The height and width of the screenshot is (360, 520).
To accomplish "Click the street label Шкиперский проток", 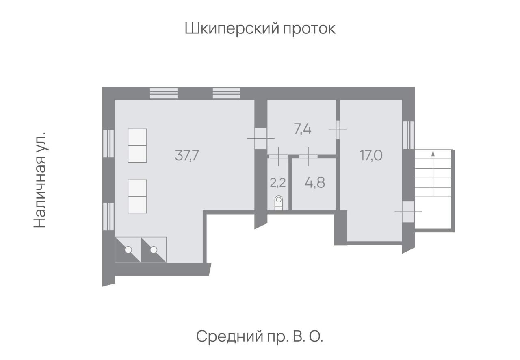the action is pos(260,29).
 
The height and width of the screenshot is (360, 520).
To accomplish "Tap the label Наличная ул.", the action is pos(39,180).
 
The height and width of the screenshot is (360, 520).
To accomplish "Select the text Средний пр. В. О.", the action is pos(260,337).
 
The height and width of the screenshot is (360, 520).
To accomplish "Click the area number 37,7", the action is pos(187,156).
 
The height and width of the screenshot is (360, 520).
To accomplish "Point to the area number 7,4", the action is pos(303,129).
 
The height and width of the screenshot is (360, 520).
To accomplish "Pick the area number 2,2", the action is pos(277,182).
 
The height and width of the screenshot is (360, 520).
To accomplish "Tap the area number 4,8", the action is pos(315,182).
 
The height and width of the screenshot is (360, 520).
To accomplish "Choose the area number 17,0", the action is pos(371,156).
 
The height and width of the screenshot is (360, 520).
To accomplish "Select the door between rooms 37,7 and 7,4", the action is pos(261,139).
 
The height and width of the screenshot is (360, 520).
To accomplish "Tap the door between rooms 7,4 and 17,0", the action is pos(338,130).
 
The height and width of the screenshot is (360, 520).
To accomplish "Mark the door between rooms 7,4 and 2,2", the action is pos(278,156).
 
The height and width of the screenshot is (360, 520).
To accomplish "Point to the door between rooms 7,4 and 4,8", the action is pos(308,156).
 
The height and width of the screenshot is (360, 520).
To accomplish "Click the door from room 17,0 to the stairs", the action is pos(408,212).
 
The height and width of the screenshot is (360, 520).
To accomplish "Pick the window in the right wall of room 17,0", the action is pos(408,135).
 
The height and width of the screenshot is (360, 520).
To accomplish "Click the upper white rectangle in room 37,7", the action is pos(137,145).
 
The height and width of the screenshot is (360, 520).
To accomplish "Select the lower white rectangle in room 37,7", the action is pos(137,196).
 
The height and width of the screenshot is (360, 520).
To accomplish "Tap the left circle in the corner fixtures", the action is pos(128,250).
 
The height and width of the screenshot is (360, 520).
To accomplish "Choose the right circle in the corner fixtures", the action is pos(154,250).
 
